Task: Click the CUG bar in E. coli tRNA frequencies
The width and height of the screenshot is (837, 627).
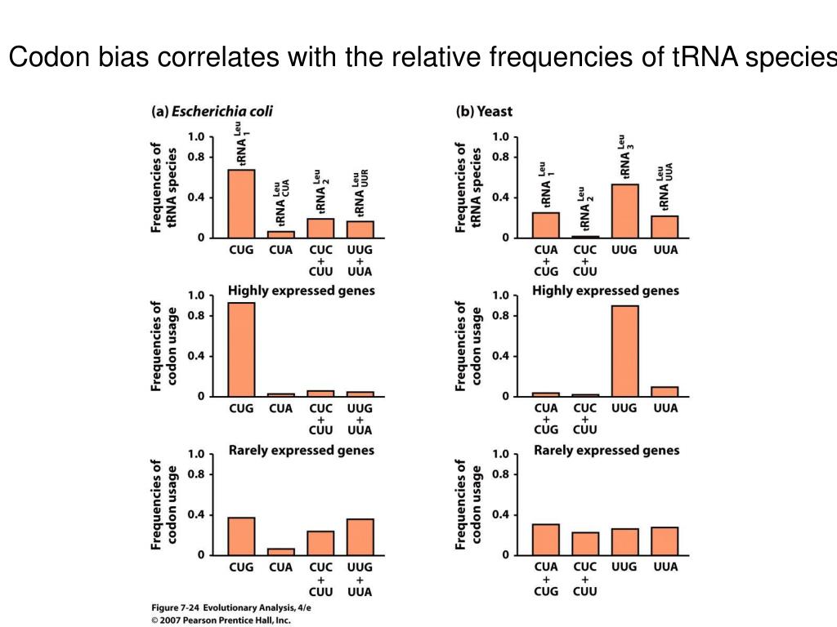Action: pyautogui.click(x=240, y=203)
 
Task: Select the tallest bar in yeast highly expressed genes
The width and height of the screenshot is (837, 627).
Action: pyautogui.click(x=624, y=351)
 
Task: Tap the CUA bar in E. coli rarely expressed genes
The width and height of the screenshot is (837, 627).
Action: pyautogui.click(x=280, y=551)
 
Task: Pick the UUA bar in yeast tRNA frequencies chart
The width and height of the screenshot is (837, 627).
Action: pyautogui.click(x=665, y=226)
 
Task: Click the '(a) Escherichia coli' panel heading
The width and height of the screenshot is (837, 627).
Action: pyautogui.click(x=211, y=111)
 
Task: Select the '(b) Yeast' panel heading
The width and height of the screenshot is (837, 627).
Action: pyautogui.click(x=484, y=111)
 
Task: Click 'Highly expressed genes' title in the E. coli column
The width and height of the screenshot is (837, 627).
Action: pyautogui.click(x=301, y=290)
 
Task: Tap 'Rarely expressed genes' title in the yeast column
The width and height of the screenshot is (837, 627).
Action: pyautogui.click(x=606, y=450)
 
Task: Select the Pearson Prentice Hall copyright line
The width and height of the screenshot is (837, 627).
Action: pyautogui.click(x=221, y=620)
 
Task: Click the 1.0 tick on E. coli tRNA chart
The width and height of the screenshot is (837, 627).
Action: pyautogui.click(x=196, y=136)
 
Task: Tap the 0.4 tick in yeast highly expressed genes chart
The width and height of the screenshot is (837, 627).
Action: pyautogui.click(x=500, y=356)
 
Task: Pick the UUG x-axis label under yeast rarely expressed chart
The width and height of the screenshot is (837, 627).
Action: pyautogui.click(x=624, y=567)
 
